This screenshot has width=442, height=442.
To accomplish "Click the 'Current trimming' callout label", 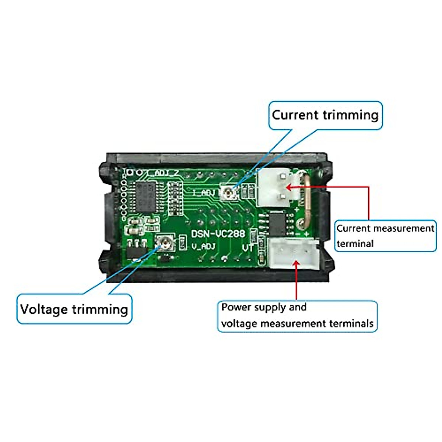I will (325, 115).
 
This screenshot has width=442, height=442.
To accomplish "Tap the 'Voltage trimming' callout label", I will (74, 309).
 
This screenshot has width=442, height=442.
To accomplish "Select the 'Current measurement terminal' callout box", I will (385, 236).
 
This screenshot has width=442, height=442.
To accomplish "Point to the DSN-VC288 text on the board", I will (218, 234).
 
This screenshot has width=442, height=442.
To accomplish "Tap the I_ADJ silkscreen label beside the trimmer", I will (204, 192).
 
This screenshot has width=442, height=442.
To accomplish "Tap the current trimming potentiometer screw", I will (229, 192).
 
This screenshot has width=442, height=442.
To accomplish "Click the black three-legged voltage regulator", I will (137, 250).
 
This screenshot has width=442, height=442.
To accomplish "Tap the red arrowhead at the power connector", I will (297, 263).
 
